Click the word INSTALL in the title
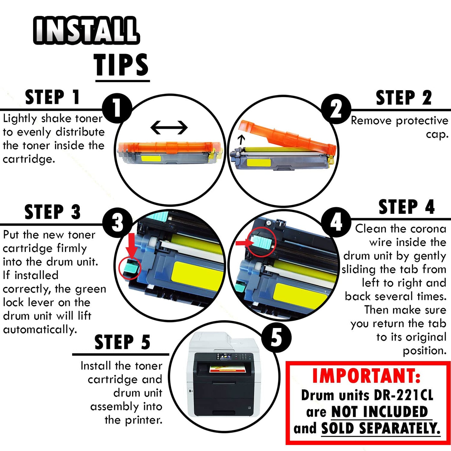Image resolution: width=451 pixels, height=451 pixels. [x=86, y=30]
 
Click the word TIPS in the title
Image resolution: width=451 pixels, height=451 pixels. [x=122, y=65]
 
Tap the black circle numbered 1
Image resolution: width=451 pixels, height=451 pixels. [x=117, y=108]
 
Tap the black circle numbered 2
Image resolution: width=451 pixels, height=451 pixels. [x=336, y=109]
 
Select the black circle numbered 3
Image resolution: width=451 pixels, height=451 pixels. [x=117, y=223]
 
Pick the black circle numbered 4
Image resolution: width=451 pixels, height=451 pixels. [x=336, y=222]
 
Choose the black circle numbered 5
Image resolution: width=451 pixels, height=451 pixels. [x=276, y=337]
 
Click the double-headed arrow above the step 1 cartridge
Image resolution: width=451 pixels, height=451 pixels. [x=169, y=127]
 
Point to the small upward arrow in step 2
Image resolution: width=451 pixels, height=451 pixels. [x=241, y=140]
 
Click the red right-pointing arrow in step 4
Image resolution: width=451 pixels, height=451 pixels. [x=245, y=243]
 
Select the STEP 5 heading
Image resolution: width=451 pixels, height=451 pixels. [x=122, y=342]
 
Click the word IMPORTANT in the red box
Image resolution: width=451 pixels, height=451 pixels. [x=366, y=376]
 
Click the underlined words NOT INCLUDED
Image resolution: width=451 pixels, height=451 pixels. [x=380, y=412]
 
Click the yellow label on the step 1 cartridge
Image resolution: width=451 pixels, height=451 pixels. [x=151, y=157]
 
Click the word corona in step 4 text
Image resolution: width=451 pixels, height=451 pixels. [x=428, y=229]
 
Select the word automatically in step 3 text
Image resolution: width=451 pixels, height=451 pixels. [x=40, y=330]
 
